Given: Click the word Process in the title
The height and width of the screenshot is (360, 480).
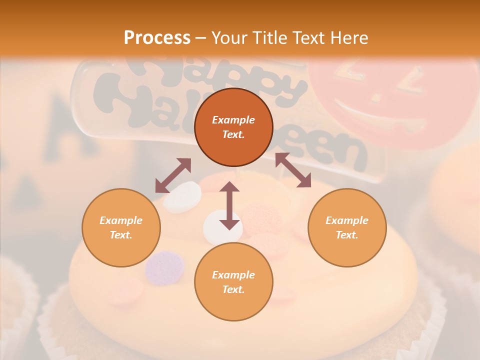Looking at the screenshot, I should (x=157, y=38).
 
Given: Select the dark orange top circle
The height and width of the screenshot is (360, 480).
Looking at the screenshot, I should (x=233, y=127).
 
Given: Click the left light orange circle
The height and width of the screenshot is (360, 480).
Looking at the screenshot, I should (x=121, y=227).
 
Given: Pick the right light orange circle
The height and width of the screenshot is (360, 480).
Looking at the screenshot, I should (x=346, y=227).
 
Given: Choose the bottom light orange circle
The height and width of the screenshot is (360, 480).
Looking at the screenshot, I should (x=233, y=282).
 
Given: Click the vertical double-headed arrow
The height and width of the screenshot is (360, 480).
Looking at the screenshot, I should (x=229, y=205).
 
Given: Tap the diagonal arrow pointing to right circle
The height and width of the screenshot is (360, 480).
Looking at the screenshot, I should (x=293, y=170).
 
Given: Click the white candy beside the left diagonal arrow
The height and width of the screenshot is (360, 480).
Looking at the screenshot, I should (x=183, y=196).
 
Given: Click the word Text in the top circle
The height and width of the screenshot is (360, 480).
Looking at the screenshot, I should (x=233, y=135).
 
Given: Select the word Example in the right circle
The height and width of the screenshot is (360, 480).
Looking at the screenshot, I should (x=346, y=220).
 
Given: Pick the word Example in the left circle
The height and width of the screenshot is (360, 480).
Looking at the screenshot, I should (x=121, y=220).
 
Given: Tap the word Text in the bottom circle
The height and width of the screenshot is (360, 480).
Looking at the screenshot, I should (x=233, y=289).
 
